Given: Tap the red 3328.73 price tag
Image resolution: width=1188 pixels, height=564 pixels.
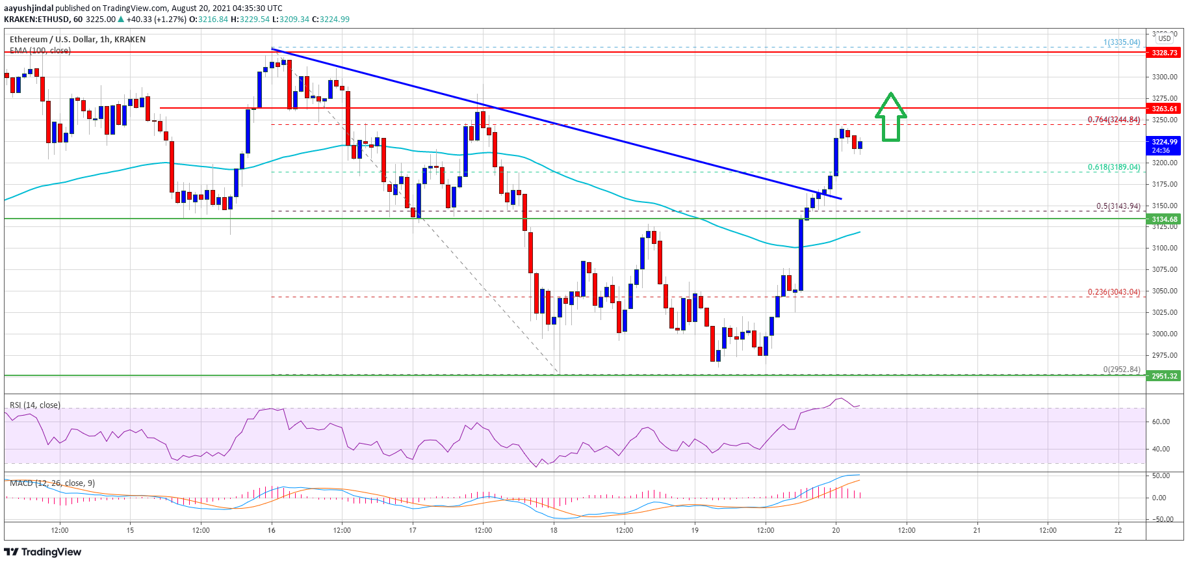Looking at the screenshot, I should (1164, 53).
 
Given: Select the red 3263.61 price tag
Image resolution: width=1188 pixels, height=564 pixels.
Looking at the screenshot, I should (1164, 109).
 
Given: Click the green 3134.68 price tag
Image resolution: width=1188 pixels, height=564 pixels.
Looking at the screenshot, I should (1164, 219).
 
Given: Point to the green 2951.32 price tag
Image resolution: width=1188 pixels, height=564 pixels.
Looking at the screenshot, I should (1164, 376).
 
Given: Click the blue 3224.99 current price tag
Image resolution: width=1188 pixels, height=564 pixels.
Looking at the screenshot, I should (1164, 145).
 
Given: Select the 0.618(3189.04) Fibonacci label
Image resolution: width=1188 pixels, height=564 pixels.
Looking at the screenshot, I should (1113, 167).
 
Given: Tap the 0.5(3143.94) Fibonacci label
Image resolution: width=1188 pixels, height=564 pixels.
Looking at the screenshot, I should (1118, 206).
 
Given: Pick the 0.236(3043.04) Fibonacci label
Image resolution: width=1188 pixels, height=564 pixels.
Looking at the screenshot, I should (1113, 292).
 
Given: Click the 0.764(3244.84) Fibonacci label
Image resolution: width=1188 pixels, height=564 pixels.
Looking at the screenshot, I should (1113, 120).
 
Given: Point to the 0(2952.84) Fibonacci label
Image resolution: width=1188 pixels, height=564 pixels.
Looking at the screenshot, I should (1121, 369).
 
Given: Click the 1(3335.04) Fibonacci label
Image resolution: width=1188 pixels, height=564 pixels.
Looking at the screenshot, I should (1121, 42).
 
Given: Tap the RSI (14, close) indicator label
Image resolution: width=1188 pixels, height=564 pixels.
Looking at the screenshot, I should (35, 405).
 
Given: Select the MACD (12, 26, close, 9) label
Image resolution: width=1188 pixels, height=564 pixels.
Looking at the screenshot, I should (52, 483).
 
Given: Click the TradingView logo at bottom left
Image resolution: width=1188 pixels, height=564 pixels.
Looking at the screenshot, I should (43, 552).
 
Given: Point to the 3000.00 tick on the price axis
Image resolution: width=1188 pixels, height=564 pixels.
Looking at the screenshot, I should (1165, 334).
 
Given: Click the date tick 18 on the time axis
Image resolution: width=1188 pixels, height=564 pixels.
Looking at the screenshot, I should (554, 530).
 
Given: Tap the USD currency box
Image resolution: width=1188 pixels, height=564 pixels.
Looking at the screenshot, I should (1165, 38).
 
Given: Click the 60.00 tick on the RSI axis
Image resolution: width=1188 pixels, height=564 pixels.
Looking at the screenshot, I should (1161, 422).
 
